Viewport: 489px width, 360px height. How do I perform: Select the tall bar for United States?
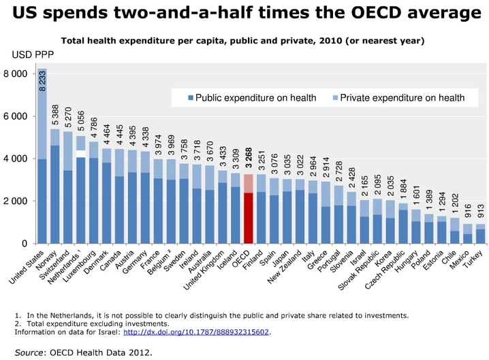[x=42, y=170]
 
